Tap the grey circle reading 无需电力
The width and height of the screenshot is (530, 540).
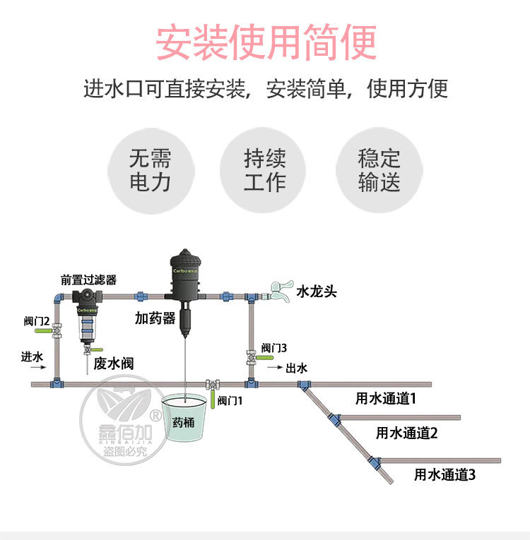point(150,170)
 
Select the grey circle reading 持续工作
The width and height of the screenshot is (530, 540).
point(264,170)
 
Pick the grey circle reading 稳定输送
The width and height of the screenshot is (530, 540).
point(379,170)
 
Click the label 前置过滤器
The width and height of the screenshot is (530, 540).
point(88,280)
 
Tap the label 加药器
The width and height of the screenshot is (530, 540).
point(155,318)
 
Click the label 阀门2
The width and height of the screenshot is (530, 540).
point(37,321)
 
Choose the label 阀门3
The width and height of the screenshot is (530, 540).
point(274,347)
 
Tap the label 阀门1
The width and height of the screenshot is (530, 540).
point(230,400)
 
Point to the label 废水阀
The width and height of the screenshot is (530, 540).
point(113,364)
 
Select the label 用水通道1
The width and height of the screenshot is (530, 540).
point(386,398)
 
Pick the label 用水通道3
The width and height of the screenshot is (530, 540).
point(444,474)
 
